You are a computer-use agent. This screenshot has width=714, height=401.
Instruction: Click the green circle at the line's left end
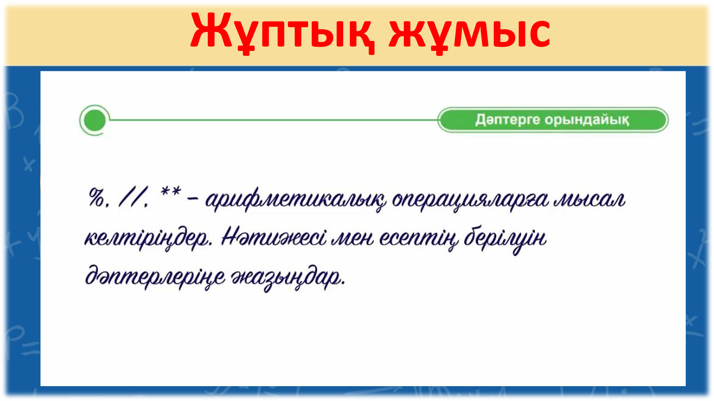click(95, 120)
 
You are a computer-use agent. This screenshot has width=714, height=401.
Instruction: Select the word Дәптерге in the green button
click(508, 120)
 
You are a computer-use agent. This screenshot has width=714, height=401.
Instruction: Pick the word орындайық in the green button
click(587, 120)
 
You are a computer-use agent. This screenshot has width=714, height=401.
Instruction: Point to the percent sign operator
click(97, 197)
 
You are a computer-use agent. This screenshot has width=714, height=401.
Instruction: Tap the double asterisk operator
click(171, 192)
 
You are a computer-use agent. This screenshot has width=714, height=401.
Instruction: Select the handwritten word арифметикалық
click(296, 200)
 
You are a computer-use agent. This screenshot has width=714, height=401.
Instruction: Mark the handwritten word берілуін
click(505, 239)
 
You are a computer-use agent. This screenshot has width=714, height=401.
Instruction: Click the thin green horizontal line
click(273, 120)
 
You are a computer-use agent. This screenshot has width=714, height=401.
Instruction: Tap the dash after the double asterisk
click(193, 200)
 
